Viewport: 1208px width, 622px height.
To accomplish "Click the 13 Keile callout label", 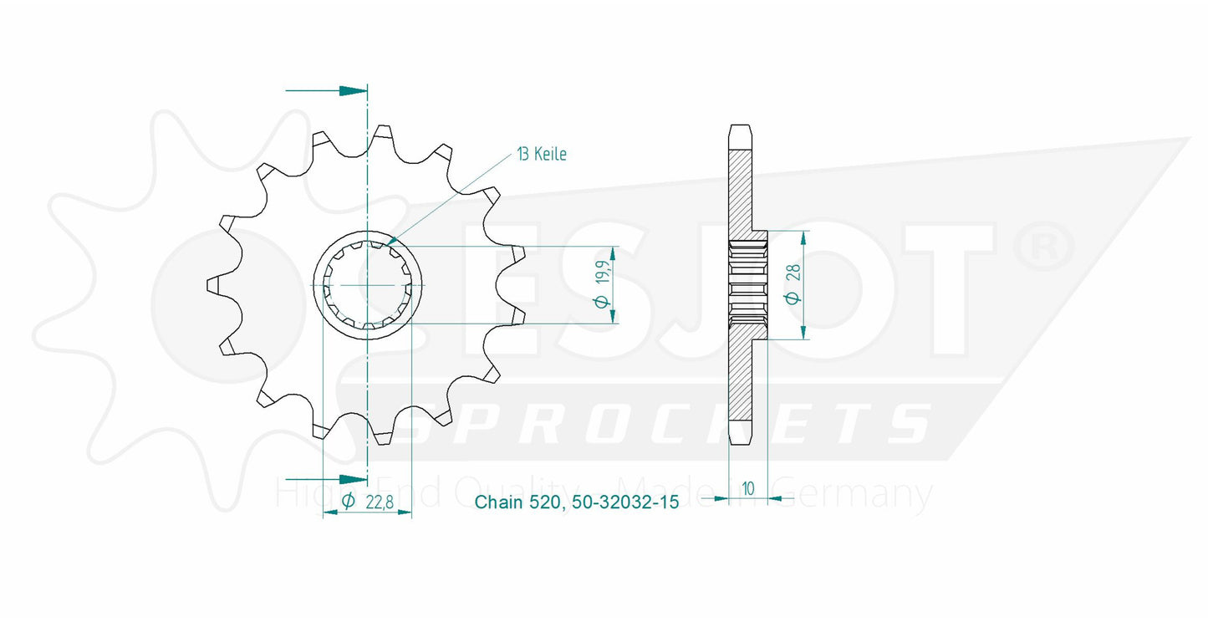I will pyautogui.click(x=541, y=154).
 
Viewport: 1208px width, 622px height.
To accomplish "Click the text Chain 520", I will pyautogui.click(x=521, y=502).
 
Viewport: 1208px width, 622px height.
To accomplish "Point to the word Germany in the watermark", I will pyautogui.click(x=869, y=495).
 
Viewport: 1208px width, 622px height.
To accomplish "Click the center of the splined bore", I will pyautogui.click(x=367, y=285).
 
